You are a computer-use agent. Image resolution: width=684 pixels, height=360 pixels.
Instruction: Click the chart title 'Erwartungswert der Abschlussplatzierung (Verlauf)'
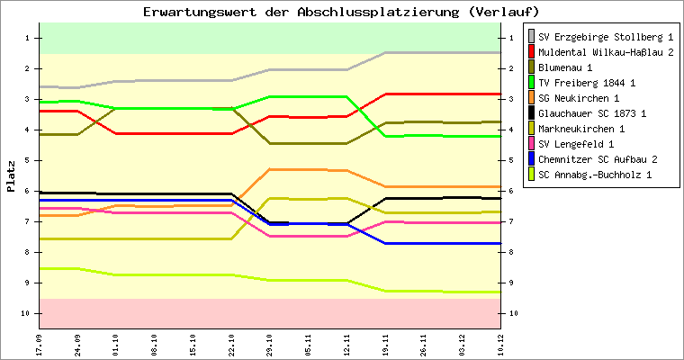coord(341,12)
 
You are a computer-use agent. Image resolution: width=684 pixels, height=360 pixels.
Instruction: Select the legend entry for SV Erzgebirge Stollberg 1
coord(606,37)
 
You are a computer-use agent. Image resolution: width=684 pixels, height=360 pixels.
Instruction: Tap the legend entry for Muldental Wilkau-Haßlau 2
coord(606,52)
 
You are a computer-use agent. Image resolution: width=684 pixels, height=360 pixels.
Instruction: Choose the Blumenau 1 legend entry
coord(566,67)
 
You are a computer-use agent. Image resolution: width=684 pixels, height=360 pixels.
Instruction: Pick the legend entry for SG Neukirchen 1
coord(579,98)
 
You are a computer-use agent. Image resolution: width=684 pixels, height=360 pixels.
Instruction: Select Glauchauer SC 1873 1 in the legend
coord(592,113)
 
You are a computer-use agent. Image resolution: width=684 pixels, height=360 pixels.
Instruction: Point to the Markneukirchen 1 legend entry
coord(582,129)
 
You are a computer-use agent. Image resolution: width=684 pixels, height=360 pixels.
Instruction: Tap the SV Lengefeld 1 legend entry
coord(576,144)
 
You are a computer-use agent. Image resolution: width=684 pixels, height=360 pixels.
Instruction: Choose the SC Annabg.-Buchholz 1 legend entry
coord(595,175)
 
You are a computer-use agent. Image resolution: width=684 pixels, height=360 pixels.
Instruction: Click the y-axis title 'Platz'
coord(11,175)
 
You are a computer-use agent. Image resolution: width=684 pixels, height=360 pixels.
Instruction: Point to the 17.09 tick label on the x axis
coord(40,344)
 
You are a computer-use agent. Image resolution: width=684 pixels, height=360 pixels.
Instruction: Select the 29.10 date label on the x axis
coord(270,344)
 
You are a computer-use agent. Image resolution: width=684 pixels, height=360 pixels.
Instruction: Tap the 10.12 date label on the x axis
coord(500,344)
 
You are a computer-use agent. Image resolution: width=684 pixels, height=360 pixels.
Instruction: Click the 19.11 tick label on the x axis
coord(385,344)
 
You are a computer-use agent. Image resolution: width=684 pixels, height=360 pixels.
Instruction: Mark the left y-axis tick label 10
coord(27,313)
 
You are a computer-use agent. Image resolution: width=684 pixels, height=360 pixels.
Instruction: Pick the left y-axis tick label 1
coord(29,38)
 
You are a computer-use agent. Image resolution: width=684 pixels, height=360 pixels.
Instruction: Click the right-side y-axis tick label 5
coord(512,160)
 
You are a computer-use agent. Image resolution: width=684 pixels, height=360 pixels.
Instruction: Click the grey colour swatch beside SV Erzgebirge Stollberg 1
coord(531,37)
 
